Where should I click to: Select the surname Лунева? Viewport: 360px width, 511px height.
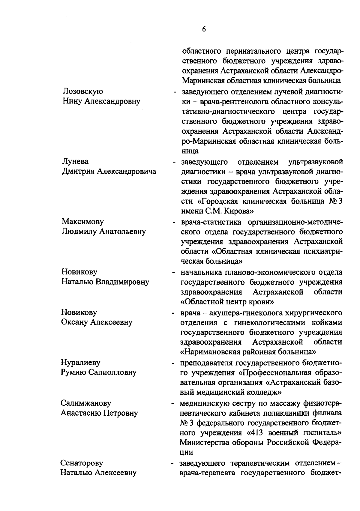[x=75, y=162]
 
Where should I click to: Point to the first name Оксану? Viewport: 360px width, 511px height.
[x=75, y=322]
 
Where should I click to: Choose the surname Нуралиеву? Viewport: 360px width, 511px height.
[x=81, y=363]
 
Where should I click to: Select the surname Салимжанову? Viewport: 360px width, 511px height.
[x=86, y=403]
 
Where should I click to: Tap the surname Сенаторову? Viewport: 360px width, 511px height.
[x=82, y=463]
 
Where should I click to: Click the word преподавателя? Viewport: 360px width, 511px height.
[x=206, y=363]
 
